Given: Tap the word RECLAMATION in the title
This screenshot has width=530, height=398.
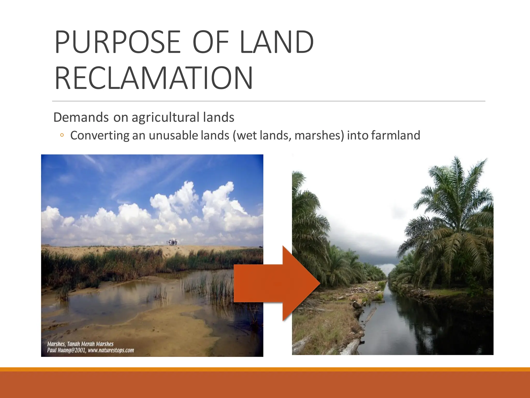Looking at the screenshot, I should (154, 78).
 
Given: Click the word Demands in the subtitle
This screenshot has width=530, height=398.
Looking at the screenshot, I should (81, 117).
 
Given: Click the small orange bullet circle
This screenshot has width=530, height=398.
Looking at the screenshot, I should (62, 135).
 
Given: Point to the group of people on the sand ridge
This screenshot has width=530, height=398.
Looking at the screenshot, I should (172, 242).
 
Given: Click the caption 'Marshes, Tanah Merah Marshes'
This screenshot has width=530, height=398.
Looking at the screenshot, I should (80, 344).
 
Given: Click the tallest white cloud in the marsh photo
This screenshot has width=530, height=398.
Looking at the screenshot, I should (181, 200).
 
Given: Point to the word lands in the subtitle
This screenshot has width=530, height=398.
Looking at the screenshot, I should (219, 117).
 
